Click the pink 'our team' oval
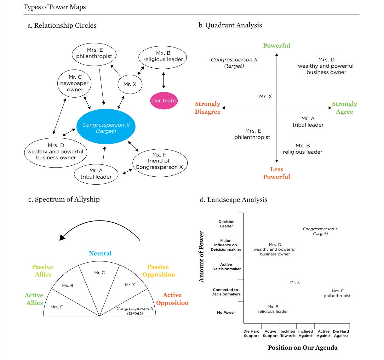point(164,101)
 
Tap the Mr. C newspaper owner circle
point(75,83)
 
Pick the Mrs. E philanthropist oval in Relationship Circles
point(94,54)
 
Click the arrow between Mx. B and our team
point(163,80)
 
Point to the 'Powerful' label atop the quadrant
point(277,45)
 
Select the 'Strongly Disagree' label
point(208,108)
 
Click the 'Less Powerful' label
point(277,173)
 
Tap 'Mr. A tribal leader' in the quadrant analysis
point(308,122)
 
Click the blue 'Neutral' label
point(100,253)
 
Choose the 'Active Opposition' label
point(172,299)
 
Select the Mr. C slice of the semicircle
point(100,277)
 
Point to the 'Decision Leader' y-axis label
point(226,224)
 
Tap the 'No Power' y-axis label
point(226,312)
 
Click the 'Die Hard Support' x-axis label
point(251,334)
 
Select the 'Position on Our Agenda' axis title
point(302,348)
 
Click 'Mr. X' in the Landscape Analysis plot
point(295,282)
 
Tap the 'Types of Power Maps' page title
point(55,7)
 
